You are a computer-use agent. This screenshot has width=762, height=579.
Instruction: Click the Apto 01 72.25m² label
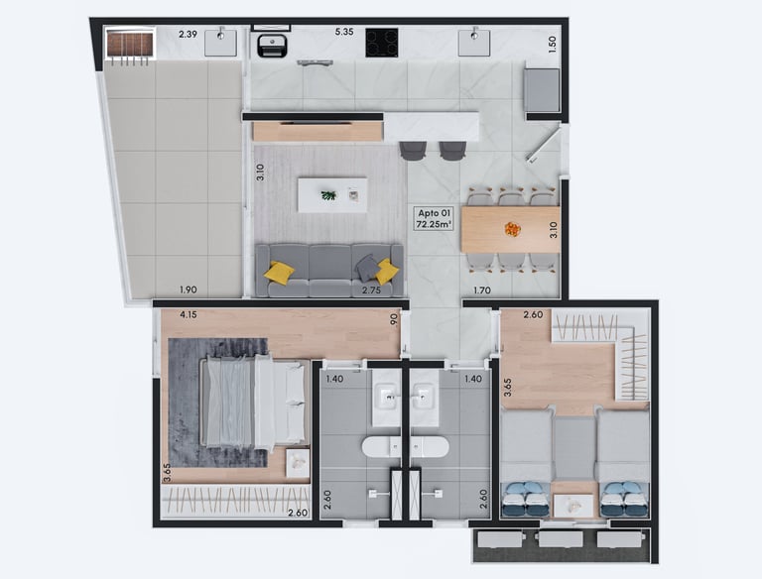click(x=434, y=218)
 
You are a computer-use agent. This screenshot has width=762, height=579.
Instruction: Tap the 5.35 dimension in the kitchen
click(x=344, y=32)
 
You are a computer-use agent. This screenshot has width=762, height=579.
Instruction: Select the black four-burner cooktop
click(x=382, y=43)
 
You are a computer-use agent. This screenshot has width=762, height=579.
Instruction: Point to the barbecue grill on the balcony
click(x=130, y=45)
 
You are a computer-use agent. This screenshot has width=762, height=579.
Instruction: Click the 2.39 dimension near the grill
click(x=188, y=34)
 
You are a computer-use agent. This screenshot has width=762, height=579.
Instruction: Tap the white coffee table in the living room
click(x=332, y=194)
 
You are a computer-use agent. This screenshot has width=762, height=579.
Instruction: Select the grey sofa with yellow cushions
click(x=329, y=271)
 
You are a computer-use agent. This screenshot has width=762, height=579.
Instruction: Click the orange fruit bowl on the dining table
click(x=512, y=228)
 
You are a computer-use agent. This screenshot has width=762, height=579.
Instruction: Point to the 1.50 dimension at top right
click(x=552, y=45)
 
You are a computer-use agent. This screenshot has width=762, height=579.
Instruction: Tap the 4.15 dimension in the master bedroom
click(x=189, y=314)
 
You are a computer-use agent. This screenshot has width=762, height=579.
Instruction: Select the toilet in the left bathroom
click(x=381, y=446)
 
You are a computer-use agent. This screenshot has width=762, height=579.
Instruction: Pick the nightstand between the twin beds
click(x=573, y=507)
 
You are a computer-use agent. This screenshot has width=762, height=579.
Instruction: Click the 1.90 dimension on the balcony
click(x=189, y=289)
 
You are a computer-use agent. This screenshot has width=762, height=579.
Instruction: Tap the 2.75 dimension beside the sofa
click(x=371, y=290)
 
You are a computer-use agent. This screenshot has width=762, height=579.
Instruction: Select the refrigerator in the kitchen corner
click(x=542, y=90)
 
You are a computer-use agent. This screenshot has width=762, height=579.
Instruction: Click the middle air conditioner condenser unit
click(x=561, y=539)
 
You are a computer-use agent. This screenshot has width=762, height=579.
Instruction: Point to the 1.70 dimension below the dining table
click(x=482, y=290)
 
